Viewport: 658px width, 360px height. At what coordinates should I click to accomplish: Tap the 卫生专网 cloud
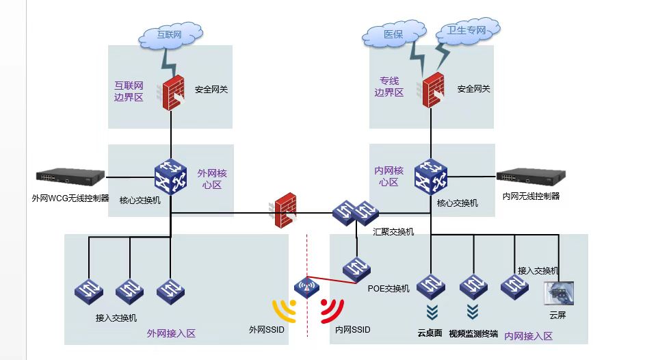(x=466, y=31)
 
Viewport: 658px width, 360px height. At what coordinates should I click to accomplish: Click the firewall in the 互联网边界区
(x=175, y=91)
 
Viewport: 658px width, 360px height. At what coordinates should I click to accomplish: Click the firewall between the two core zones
(x=284, y=210)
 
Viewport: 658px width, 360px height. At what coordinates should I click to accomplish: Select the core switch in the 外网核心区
(x=170, y=177)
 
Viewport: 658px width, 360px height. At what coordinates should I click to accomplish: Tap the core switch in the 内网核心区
(x=431, y=177)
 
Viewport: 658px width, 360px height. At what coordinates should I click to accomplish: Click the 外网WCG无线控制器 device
(x=72, y=177)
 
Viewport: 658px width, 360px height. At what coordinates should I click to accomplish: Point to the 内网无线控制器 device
(x=530, y=177)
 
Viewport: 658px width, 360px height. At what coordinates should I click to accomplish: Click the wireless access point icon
(x=307, y=287)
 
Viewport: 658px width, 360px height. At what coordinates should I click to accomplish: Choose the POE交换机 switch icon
(x=357, y=269)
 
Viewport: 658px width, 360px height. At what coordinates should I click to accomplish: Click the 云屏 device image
(x=557, y=294)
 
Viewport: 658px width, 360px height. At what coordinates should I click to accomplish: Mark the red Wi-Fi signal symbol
(x=332, y=311)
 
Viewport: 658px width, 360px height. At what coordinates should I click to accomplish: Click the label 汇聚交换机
(x=393, y=232)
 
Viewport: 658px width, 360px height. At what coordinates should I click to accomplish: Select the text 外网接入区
(x=171, y=333)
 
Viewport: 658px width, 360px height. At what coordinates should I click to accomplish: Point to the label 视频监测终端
(x=474, y=334)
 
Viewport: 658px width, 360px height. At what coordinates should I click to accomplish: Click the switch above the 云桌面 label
(x=431, y=286)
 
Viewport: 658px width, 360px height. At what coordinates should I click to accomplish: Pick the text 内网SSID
(x=352, y=330)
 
